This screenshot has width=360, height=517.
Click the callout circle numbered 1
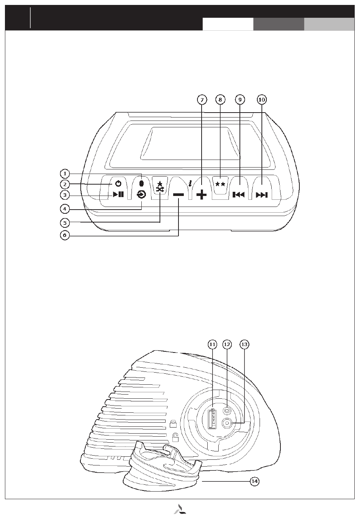(x=65, y=174)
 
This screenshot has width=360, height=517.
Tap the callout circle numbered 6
(x=65, y=235)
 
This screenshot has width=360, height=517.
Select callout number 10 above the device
(x=261, y=99)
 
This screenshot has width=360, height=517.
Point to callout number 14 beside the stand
(x=255, y=481)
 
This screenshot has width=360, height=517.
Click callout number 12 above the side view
(x=227, y=344)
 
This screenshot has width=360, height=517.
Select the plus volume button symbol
(x=202, y=195)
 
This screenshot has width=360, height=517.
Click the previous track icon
(x=238, y=195)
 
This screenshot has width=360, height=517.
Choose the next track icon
(x=262, y=195)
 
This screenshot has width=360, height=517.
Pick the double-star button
(x=220, y=184)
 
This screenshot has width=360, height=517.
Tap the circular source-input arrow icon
(x=141, y=195)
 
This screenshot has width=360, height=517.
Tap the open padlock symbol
(x=175, y=438)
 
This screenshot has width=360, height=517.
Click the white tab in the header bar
(x=228, y=24)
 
